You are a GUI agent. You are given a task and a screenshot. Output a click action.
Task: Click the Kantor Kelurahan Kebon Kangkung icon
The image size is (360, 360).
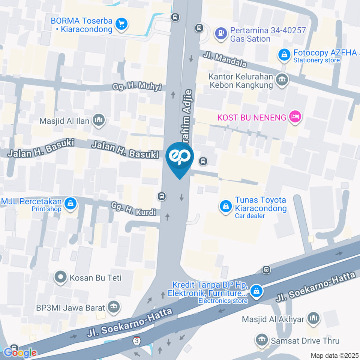281,79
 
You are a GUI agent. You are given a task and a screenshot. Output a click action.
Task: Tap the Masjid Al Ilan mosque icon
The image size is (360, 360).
99,120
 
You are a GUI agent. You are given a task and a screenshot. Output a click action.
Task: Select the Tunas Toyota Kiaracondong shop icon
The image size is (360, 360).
226,205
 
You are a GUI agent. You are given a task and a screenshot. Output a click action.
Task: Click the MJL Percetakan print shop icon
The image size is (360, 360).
70,204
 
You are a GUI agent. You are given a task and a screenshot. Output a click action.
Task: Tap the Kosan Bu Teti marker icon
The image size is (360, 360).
60,278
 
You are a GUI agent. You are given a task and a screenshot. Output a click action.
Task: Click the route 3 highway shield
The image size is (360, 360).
137,340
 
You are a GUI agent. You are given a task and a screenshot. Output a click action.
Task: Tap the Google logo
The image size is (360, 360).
20,352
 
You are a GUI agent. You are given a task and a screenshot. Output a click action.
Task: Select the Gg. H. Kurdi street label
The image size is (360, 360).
133,209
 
